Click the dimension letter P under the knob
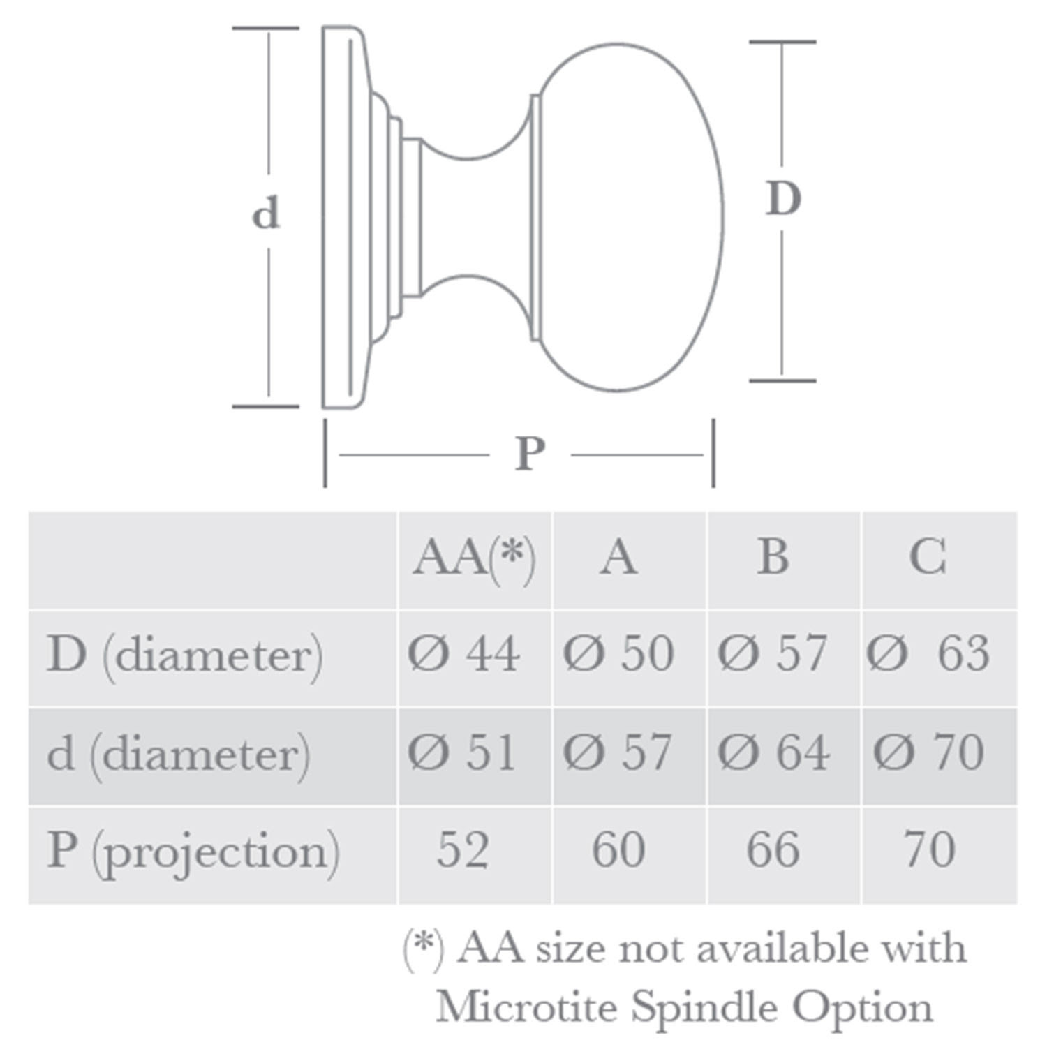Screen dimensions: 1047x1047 tap(530, 454)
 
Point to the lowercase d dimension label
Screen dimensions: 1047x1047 tap(266, 214)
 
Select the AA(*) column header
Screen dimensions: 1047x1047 tap(474, 558)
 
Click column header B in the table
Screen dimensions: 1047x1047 tap(773, 558)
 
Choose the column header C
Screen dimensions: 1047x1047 tap(928, 558)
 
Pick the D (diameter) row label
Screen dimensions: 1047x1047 tap(185, 655)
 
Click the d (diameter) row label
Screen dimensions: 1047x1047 tap(179, 754)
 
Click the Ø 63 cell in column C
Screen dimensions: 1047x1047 tap(928, 654)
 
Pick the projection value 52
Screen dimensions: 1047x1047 tap(463, 850)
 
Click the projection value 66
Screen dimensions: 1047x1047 tap(773, 850)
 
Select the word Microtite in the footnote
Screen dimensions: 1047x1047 tap(528, 1007)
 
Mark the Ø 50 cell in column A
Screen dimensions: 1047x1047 tap(618, 654)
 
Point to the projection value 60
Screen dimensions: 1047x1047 tap(618, 850)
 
